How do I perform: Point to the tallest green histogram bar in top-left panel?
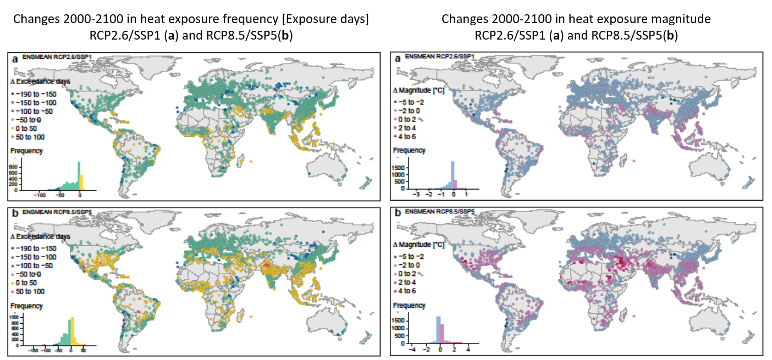79,176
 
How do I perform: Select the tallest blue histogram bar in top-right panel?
452,176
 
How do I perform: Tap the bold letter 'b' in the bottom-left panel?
14,212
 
